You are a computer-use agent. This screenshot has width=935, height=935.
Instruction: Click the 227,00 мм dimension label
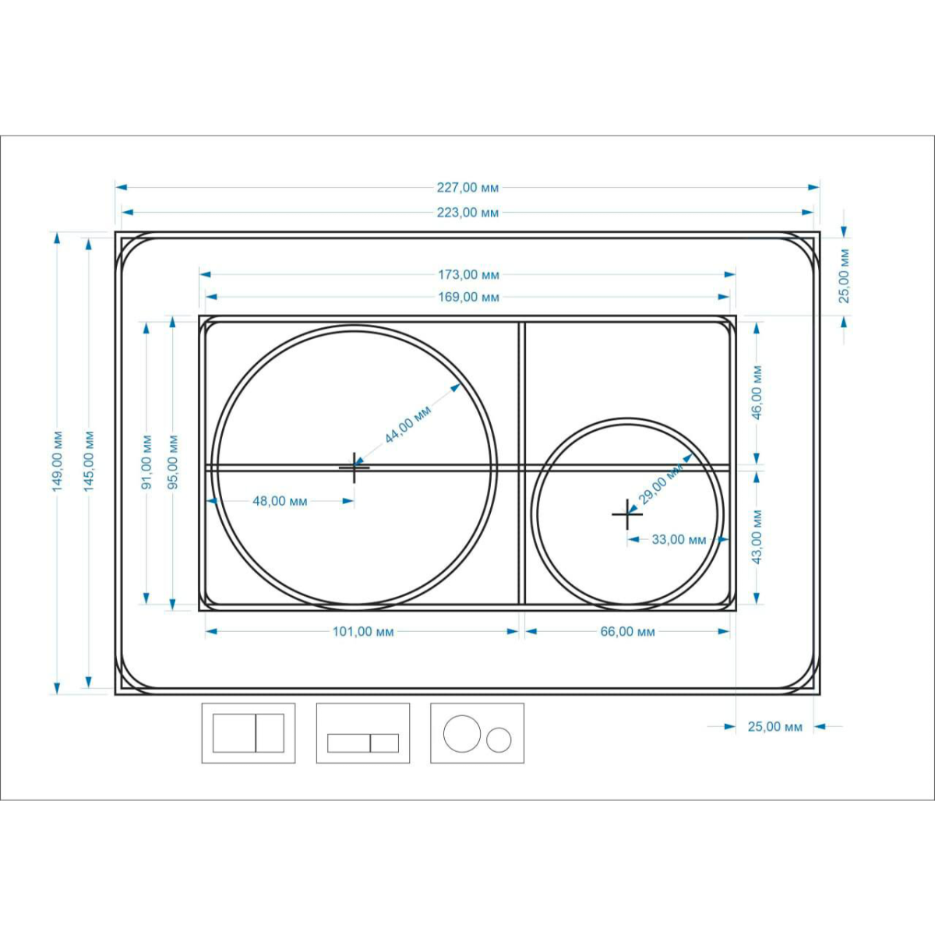pos(467,187)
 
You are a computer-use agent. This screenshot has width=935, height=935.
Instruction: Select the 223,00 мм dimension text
pos(467,213)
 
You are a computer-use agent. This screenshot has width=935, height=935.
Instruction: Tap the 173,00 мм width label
pos(469,274)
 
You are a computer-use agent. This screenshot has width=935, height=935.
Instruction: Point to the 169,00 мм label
pos(469,297)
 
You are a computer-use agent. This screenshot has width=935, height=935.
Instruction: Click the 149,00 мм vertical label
pos(58,461)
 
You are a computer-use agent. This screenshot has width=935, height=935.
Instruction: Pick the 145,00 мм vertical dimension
pos(89,461)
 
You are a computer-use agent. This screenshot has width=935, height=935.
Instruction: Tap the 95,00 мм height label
pos(173,462)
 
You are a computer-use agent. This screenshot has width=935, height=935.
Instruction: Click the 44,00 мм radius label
pos(408,425)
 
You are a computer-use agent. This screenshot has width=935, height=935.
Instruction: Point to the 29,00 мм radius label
pos(661,484)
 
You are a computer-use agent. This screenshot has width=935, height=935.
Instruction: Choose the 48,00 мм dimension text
pos(280,501)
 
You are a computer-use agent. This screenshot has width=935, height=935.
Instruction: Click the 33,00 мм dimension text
pos(679,539)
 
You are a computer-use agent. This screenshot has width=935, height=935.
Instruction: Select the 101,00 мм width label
pos(363,632)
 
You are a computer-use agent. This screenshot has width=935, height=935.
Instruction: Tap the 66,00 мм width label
pos(628,632)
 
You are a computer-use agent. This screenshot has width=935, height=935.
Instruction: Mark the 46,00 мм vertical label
pos(757,392)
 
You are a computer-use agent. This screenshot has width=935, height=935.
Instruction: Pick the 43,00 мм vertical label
pos(757,537)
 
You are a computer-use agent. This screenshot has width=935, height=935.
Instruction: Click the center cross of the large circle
pos(355,467)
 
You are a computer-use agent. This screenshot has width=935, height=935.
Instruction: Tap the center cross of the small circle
pos(627,514)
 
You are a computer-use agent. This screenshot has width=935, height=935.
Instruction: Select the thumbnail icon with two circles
pos(478,733)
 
